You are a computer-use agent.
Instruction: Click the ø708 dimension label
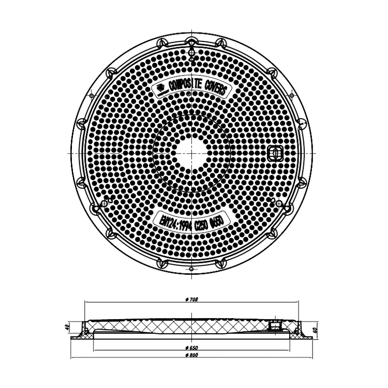(192, 300)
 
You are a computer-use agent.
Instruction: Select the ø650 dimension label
(192, 347)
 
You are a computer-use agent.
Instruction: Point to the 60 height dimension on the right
(315, 330)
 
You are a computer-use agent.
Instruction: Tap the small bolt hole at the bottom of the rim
(191, 270)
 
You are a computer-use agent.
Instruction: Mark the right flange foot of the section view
(305, 336)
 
